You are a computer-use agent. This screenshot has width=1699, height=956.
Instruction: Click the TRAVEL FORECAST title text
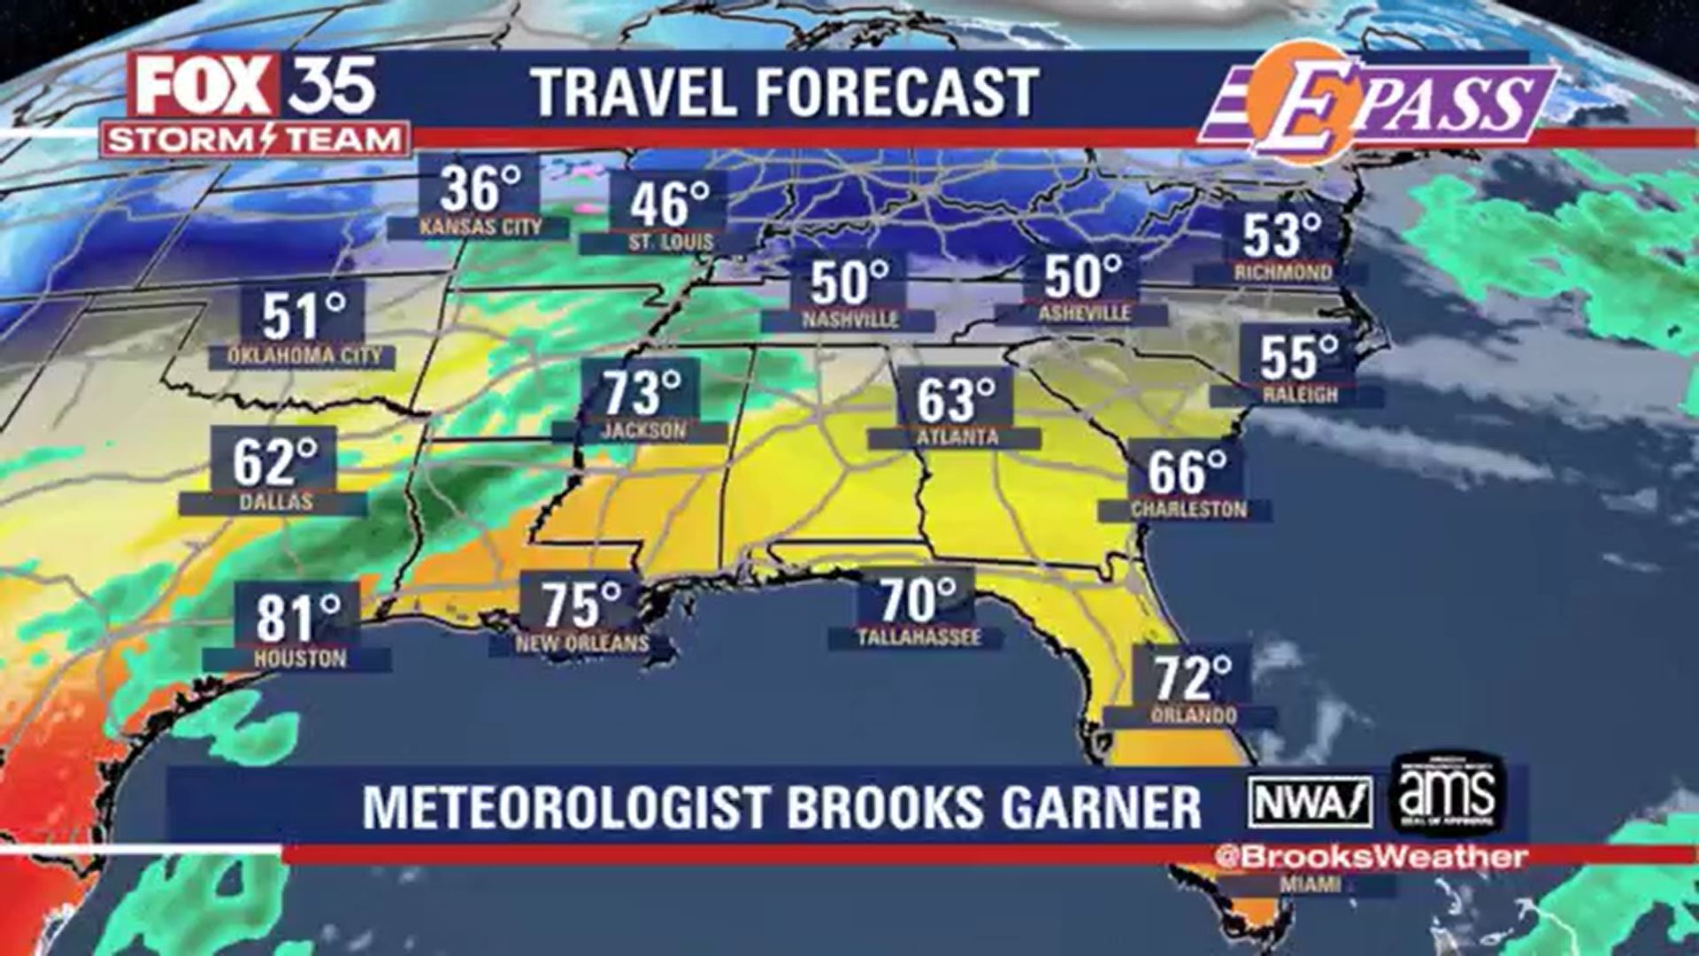click(785, 92)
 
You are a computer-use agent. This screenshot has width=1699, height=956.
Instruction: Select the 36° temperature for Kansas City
click(480, 188)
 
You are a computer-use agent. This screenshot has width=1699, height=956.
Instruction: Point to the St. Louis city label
click(671, 242)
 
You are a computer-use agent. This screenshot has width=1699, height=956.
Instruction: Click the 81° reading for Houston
click(298, 618)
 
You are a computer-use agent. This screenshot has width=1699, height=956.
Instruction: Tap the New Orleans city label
click(582, 644)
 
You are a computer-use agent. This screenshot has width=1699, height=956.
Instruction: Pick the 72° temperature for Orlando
click(1193, 679)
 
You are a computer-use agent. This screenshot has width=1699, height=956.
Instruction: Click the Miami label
click(1310, 884)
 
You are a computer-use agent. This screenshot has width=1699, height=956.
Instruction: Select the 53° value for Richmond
click(1281, 236)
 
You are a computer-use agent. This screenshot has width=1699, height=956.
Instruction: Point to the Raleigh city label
click(1300, 395)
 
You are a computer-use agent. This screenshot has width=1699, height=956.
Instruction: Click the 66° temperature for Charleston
click(1187, 472)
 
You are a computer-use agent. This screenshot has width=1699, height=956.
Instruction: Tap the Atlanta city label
click(957, 437)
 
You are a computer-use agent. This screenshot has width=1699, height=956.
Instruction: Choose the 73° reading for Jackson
click(642, 393)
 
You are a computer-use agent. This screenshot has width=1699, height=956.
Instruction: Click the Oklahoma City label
click(304, 356)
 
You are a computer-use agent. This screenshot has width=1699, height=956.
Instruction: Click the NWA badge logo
click(1310, 801)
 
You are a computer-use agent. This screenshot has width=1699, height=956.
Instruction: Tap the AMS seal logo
click(1447, 794)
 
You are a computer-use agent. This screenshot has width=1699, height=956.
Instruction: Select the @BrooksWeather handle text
click(1370, 857)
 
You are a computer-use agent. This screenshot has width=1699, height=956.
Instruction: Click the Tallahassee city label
click(919, 637)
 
